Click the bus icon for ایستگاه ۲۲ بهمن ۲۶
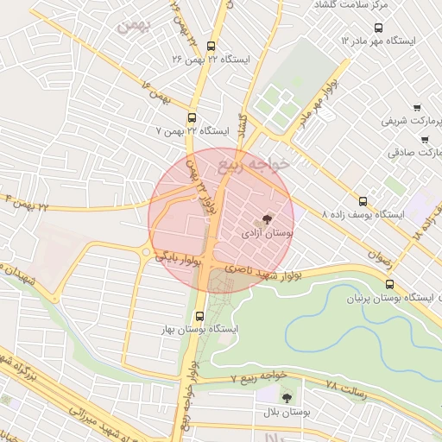(x=212, y=47)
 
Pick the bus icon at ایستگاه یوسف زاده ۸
(x=363, y=200)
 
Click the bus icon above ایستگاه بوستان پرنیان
(x=389, y=283)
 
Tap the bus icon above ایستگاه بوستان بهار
(x=200, y=316)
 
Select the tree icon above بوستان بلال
(x=287, y=397)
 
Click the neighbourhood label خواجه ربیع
(x=256, y=161)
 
